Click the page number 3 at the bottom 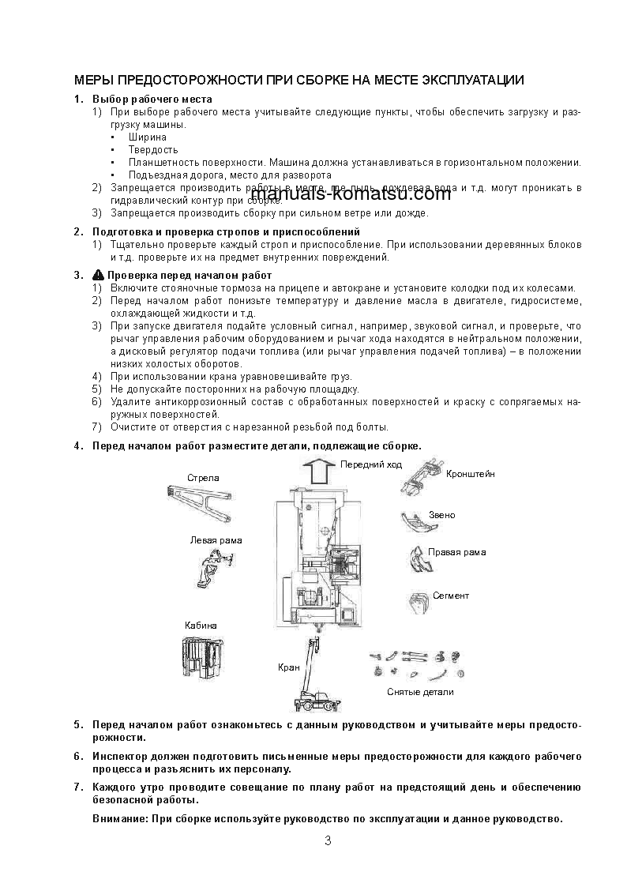click(328, 840)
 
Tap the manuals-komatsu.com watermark click(351, 194)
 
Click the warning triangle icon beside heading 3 click(98, 275)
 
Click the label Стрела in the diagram click(203, 478)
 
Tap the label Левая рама click(216, 540)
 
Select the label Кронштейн click(471, 474)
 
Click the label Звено click(441, 515)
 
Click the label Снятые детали click(420, 692)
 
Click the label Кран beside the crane click(288, 667)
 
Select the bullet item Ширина click(148, 137)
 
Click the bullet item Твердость click(153, 150)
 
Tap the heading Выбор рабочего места click(152, 100)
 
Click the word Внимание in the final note click(120, 819)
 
